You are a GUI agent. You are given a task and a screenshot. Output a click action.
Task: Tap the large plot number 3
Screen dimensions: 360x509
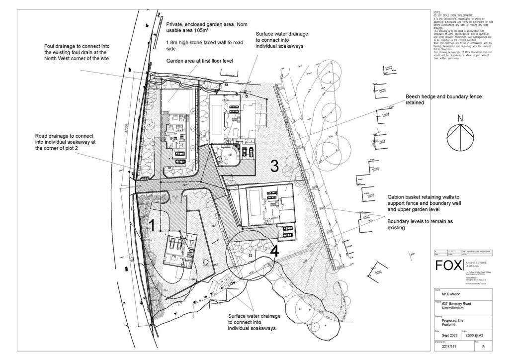pyautogui.click(x=274, y=166)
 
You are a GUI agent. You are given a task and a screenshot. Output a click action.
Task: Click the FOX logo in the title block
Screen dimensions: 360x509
pyautogui.click(x=448, y=265)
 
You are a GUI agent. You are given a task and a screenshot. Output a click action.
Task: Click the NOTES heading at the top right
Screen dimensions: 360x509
pyautogui.click(x=436, y=10)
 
